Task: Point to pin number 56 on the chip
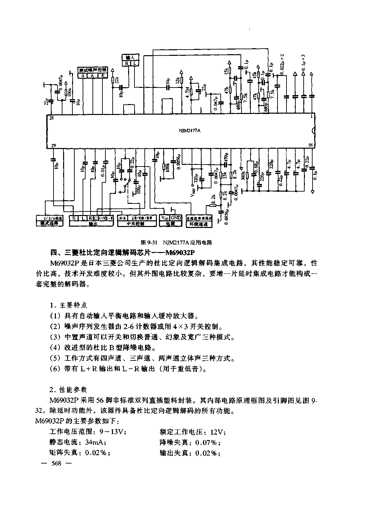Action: [310, 145]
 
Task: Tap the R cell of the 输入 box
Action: [127, 63]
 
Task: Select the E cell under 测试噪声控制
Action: [103, 76]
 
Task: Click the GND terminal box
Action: [176, 218]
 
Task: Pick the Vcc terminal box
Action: [165, 218]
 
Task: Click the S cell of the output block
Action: [73, 218]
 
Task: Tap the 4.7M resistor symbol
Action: [191, 90]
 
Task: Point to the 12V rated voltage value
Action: [216, 432]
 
